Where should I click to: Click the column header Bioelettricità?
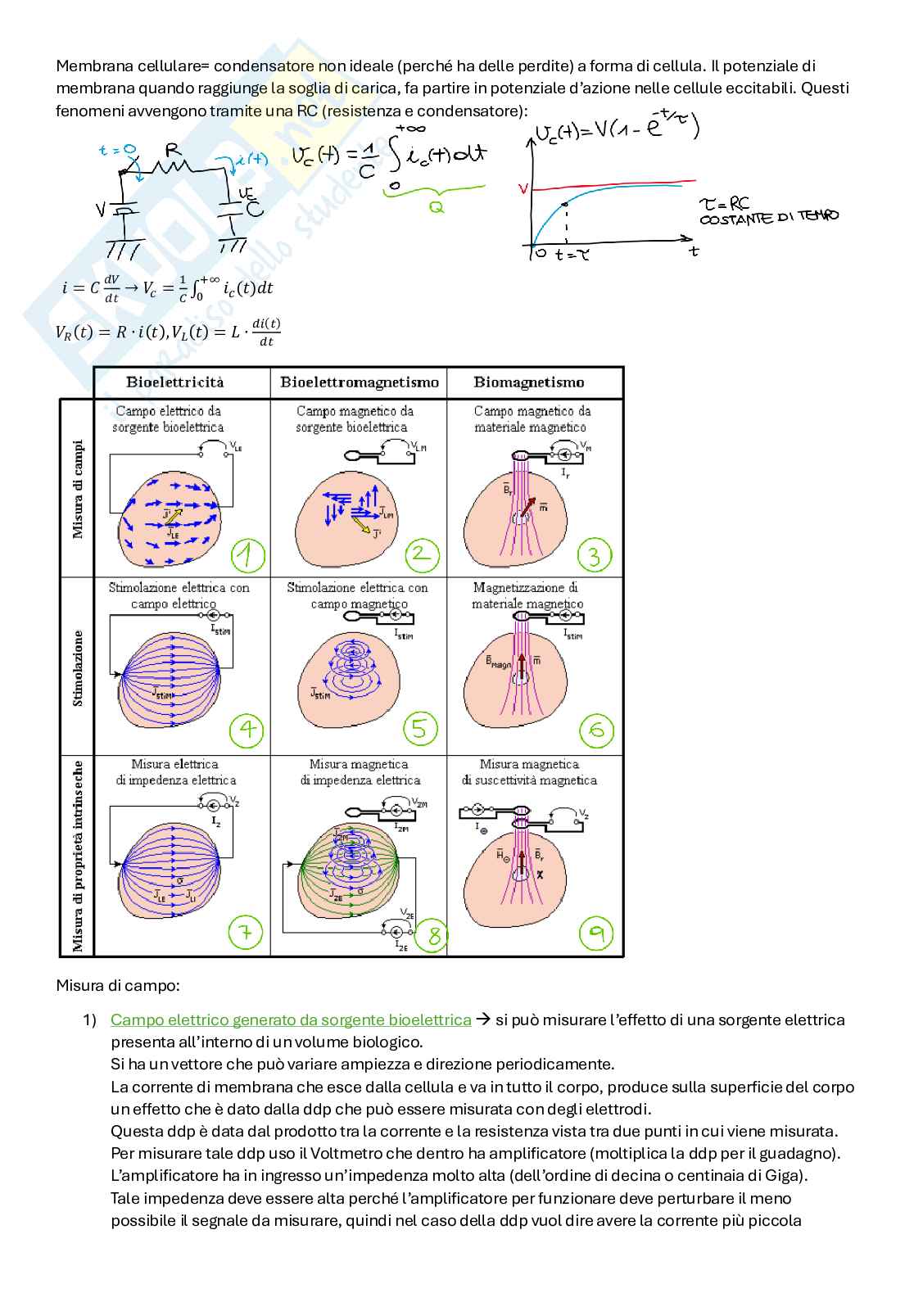[x=174, y=382]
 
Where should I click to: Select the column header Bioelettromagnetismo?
[x=359, y=382]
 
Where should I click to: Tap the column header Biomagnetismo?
[x=529, y=382]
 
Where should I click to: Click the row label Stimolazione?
[x=79, y=667]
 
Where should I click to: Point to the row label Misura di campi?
[x=79, y=490]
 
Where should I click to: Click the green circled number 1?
[x=247, y=555]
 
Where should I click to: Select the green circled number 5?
[x=420, y=729]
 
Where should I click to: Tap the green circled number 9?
[x=596, y=933]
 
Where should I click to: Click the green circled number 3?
[x=595, y=555]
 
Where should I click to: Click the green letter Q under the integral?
[x=437, y=208]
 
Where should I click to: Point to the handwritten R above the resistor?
[x=173, y=149]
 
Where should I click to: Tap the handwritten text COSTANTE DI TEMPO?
[x=768, y=218]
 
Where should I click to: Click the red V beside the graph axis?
[x=523, y=189]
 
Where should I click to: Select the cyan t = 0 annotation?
[x=116, y=150]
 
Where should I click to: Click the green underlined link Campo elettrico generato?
[x=291, y=1019]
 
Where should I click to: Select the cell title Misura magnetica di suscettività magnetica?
[x=529, y=772]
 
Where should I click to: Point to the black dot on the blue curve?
[x=565, y=204]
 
